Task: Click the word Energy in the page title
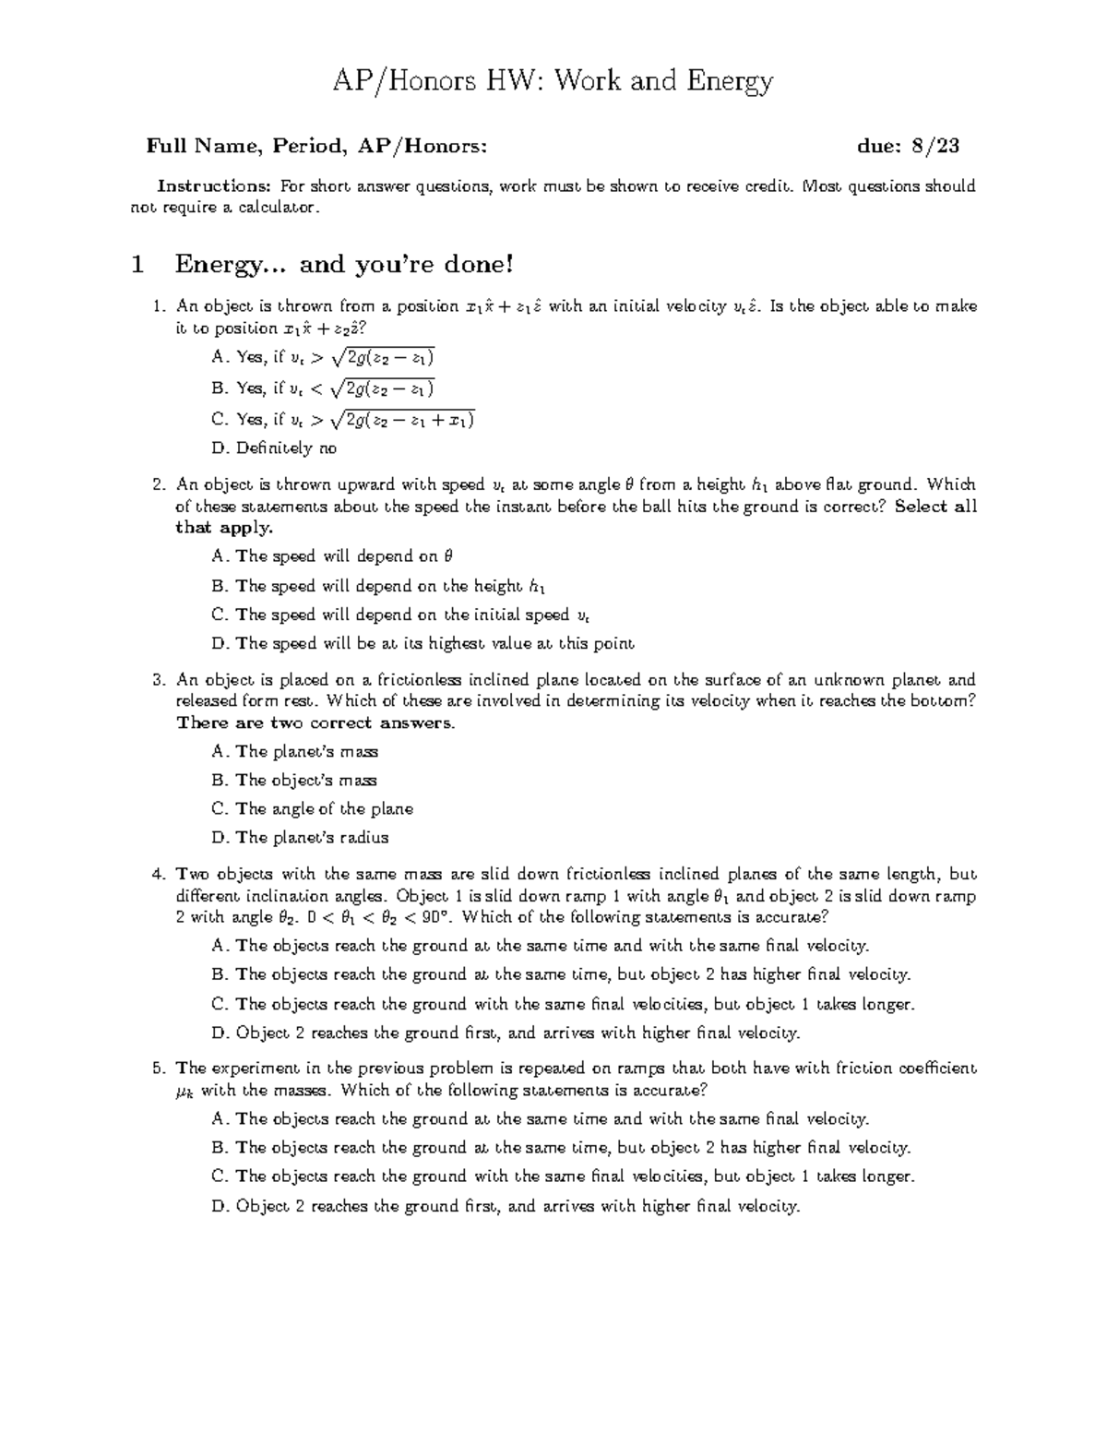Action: pos(728,83)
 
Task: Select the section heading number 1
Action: pos(138,266)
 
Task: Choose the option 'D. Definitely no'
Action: pos(274,448)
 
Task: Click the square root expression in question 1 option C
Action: pos(402,420)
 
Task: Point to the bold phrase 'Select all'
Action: pos(935,507)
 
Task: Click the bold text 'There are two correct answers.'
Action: pos(315,722)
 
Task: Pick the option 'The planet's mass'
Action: pos(295,752)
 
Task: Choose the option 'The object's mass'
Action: pos(294,781)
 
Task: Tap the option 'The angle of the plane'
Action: pos(312,809)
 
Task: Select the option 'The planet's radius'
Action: pos(300,838)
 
